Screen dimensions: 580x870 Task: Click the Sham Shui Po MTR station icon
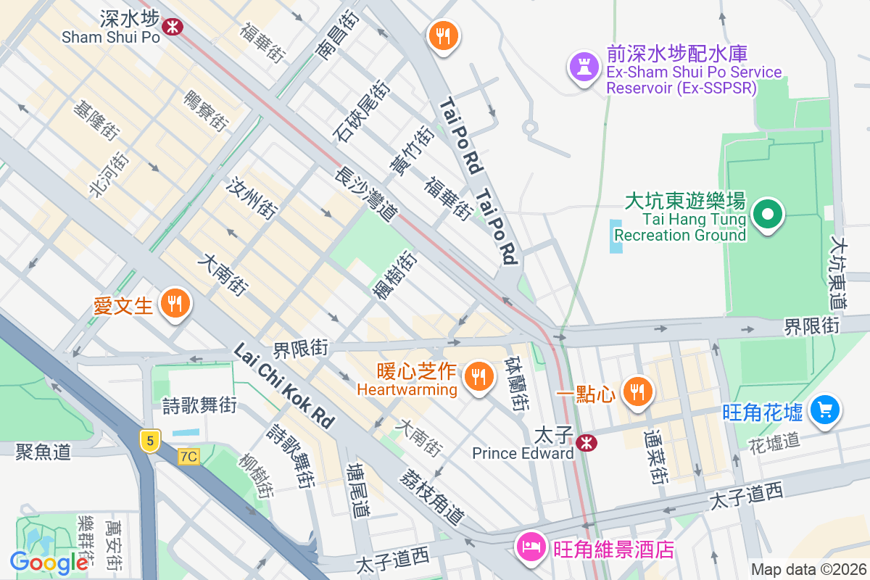point(173,27)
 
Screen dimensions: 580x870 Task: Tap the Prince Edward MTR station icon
point(586,442)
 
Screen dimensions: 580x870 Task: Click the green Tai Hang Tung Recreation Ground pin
point(768,215)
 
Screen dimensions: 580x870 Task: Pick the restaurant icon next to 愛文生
point(174,304)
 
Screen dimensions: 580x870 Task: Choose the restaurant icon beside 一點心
point(637,392)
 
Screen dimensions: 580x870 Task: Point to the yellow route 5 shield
point(149,440)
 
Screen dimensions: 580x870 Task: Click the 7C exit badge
point(188,457)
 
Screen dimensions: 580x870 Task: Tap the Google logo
point(49,562)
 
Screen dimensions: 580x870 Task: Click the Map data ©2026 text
point(808,570)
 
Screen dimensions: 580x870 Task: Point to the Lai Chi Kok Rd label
point(284,386)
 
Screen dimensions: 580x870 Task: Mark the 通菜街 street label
point(656,457)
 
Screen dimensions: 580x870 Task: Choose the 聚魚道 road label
point(43,452)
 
